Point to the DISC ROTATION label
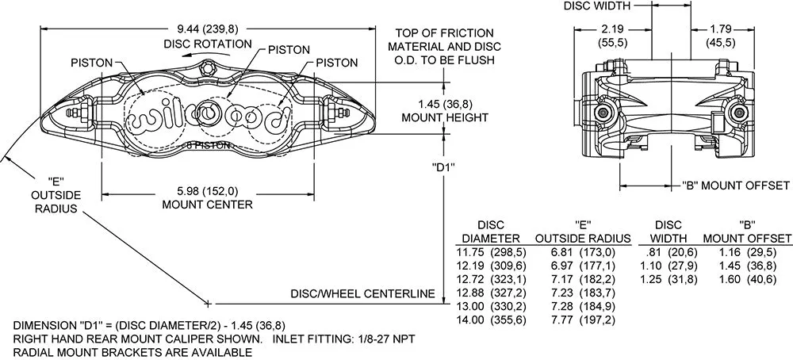(x=208, y=44)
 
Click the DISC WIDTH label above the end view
(x=597, y=6)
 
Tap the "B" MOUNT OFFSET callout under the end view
(x=735, y=185)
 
